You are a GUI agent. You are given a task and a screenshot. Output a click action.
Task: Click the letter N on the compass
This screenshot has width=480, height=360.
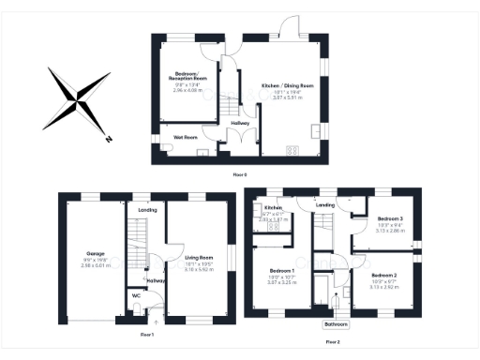109,140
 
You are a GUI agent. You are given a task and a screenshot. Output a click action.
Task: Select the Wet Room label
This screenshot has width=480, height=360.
184,137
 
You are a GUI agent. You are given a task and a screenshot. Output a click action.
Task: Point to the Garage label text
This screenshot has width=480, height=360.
96,253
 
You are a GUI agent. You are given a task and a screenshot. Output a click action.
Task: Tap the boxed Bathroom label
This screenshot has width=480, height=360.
336,324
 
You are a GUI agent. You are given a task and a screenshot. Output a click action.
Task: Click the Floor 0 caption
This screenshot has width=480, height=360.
241,174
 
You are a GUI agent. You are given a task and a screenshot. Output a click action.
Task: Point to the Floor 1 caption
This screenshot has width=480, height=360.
146,334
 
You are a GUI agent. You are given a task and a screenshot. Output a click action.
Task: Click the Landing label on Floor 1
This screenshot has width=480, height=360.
147,211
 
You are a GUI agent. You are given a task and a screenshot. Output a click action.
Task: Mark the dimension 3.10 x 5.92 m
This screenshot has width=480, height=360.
198,269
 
